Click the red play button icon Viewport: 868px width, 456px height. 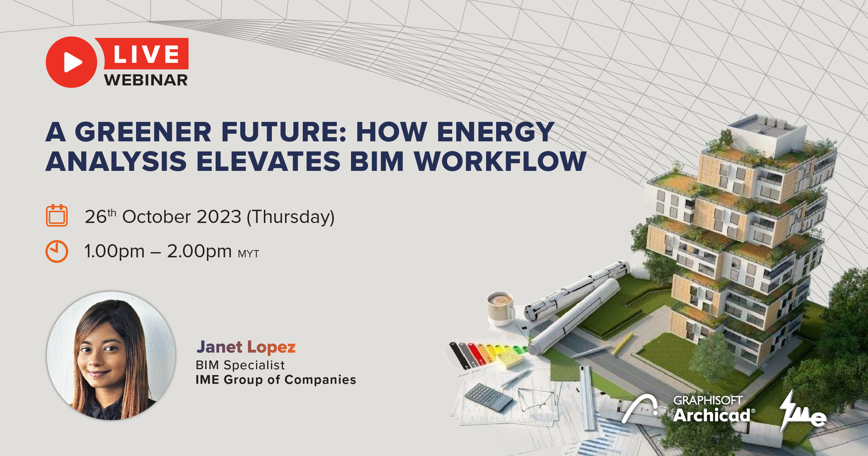72,62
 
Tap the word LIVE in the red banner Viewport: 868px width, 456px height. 146,54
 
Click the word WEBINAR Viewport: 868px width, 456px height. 146,80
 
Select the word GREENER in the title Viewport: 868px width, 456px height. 143,132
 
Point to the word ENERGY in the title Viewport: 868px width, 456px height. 495,132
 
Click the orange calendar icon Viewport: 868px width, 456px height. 57,215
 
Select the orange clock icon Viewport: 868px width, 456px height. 57,251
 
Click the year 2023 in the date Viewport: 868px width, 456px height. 219,217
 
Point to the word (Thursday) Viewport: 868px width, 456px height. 291,217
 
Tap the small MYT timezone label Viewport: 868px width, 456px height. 249,254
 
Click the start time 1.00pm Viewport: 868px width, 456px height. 114,252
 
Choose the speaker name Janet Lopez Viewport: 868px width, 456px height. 246,347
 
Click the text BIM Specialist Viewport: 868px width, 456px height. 240,365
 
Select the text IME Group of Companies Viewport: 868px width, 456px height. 276,380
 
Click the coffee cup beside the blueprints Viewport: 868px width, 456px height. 500,308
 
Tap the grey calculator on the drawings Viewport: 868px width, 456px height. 489,397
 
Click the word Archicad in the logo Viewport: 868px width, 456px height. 712,415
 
